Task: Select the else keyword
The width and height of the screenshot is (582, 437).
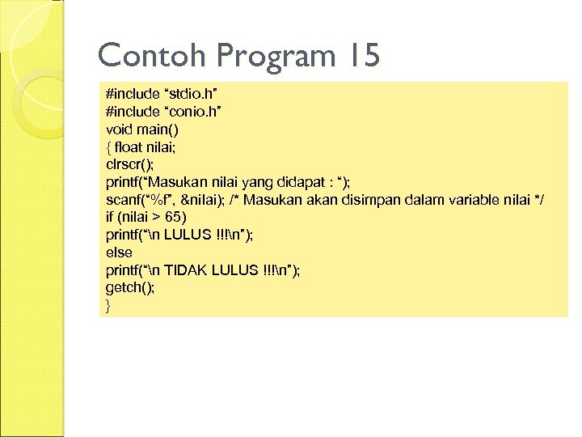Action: [x=119, y=253]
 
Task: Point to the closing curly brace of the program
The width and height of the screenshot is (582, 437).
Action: [x=108, y=306]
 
